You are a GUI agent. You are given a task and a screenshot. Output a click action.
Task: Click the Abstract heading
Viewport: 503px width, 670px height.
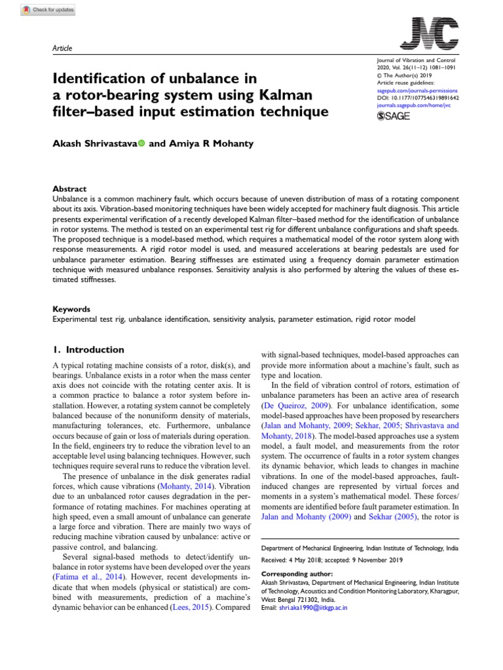(69, 189)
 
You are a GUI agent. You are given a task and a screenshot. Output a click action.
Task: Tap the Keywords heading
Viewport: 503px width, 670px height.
(71, 309)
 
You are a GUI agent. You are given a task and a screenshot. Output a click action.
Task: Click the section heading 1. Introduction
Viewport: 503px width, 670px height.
(88, 350)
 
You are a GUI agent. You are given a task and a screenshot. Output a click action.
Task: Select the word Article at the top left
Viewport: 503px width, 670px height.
(62, 48)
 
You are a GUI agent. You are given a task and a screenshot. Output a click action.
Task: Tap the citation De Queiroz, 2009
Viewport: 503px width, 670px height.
(291, 406)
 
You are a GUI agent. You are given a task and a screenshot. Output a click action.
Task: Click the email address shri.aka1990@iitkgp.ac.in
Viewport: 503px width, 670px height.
(312, 608)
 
